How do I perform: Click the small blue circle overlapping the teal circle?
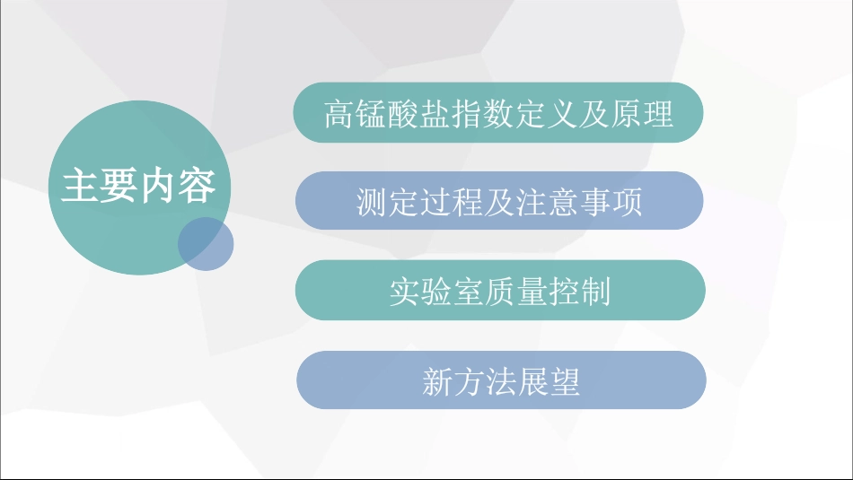[x=206, y=243]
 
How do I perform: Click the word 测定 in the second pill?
[x=383, y=203]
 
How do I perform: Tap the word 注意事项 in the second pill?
[x=579, y=203]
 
